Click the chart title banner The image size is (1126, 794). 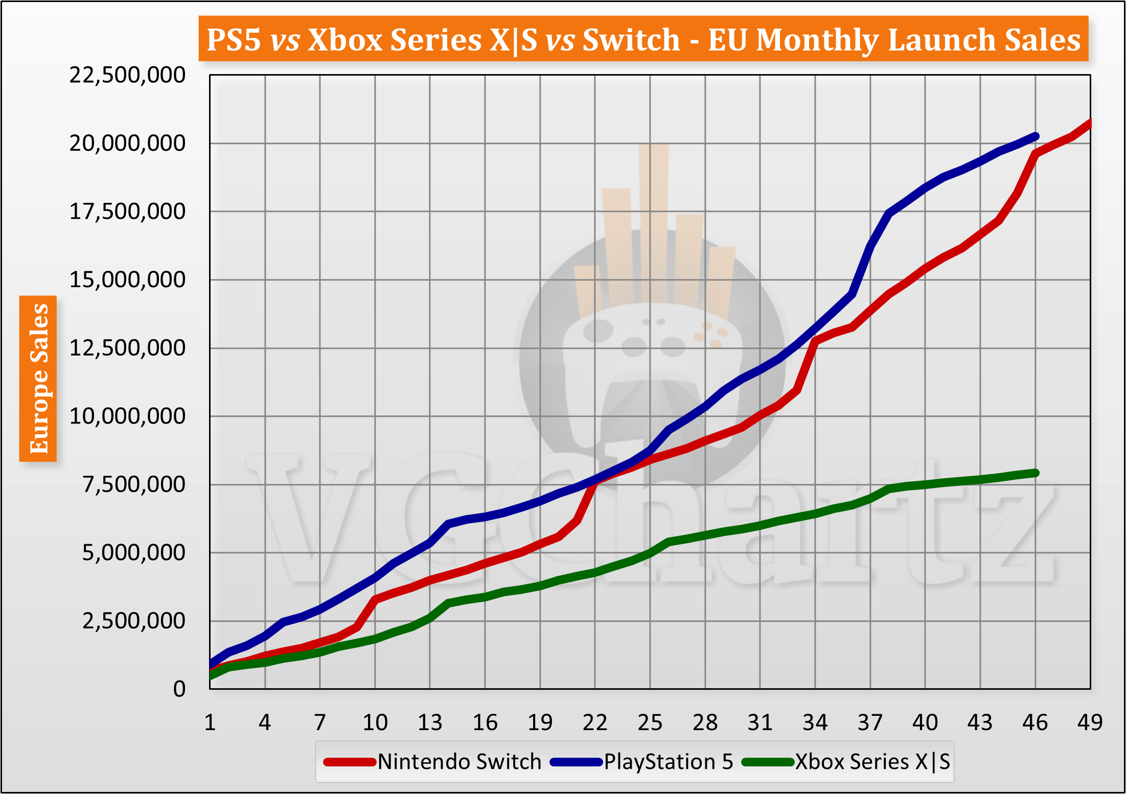click(x=643, y=39)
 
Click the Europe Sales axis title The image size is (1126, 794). click(x=38, y=379)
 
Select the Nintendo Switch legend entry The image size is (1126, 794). click(x=433, y=762)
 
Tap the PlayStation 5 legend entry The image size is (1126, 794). click(x=642, y=762)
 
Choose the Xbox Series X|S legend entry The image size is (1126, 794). click(x=846, y=762)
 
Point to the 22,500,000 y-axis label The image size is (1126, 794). click(x=127, y=75)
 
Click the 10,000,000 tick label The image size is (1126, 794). click(x=127, y=416)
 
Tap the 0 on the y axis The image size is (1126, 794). click(x=179, y=689)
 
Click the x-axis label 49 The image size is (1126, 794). click(x=1090, y=722)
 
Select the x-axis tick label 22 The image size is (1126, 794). click(x=595, y=722)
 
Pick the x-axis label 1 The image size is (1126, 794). click(x=210, y=722)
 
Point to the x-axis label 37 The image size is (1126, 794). click(x=870, y=722)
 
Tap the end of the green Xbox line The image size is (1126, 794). click(x=1036, y=473)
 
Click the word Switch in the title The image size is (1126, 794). click(x=631, y=39)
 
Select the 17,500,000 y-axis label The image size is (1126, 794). click(x=127, y=212)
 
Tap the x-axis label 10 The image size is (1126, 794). click(x=375, y=722)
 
